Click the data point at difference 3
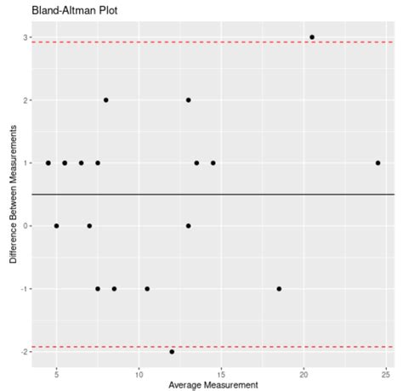312,37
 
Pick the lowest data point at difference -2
172,351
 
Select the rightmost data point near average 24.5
377,163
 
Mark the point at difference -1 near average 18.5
279,288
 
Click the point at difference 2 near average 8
106,100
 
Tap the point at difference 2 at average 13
189,100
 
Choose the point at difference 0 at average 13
189,226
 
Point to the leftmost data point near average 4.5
48,163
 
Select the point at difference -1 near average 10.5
147,288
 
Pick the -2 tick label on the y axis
22,351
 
